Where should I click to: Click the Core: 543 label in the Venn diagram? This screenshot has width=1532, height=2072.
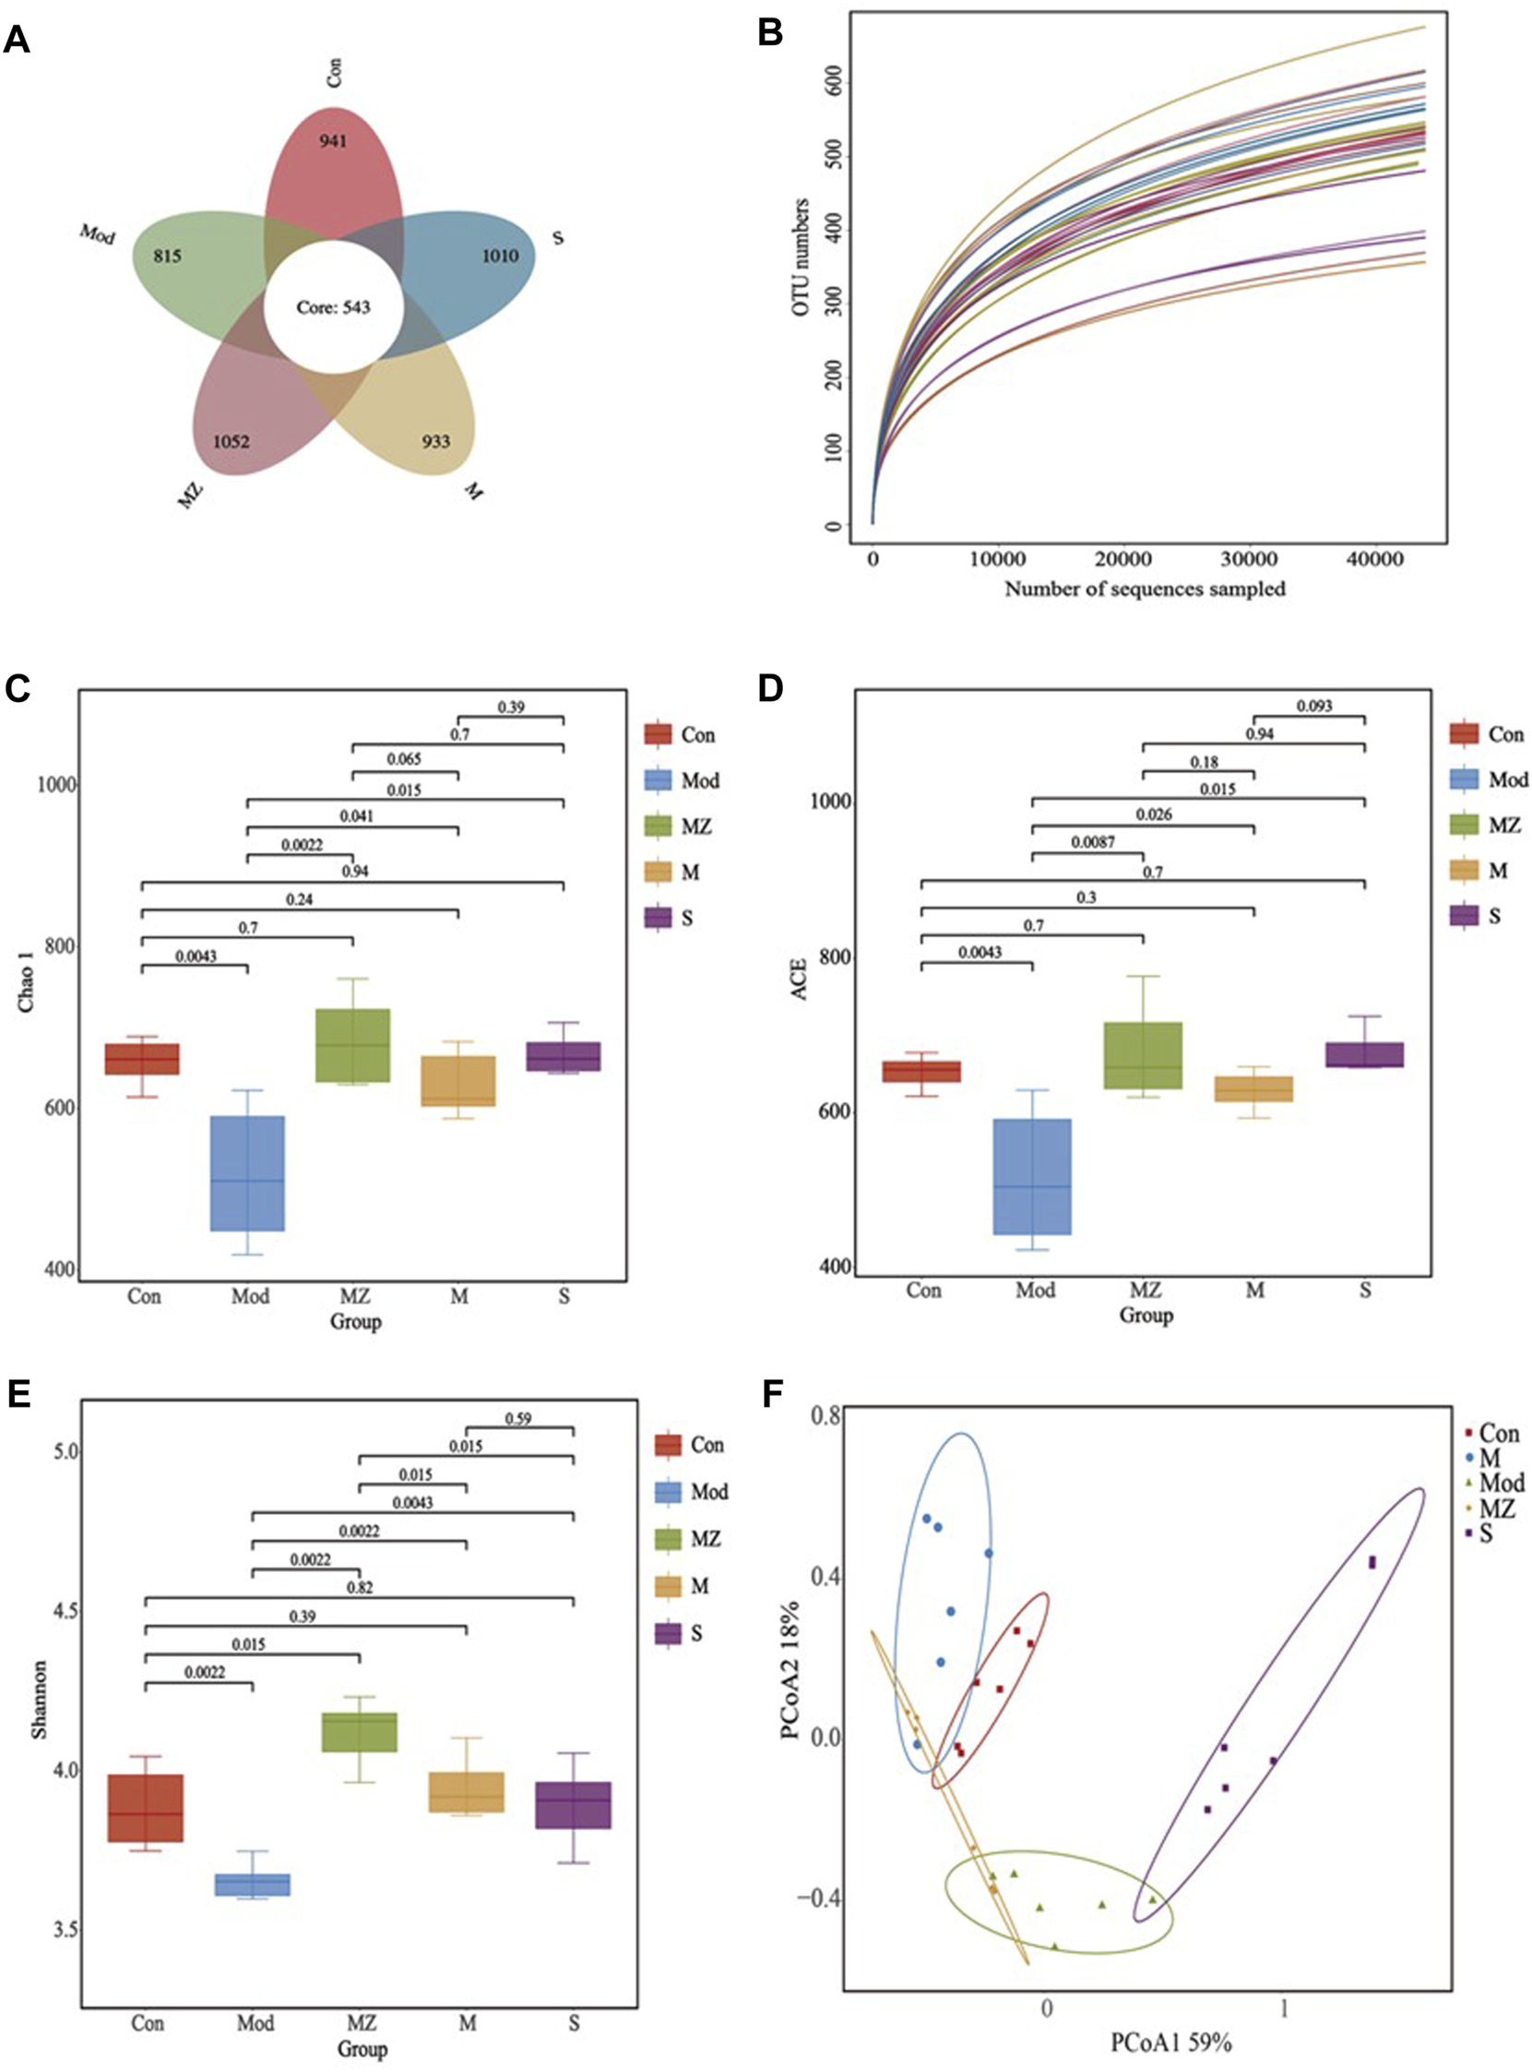click(x=332, y=306)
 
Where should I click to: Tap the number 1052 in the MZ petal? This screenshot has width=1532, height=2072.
click(x=232, y=443)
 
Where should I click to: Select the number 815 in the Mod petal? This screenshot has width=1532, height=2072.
click(x=167, y=256)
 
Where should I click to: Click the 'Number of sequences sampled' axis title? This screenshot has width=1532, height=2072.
click(x=1146, y=588)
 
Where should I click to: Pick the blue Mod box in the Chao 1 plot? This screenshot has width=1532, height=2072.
click(x=247, y=1173)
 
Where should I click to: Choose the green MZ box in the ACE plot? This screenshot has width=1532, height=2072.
click(x=1144, y=1054)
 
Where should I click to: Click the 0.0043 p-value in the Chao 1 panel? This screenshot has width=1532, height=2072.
click(x=195, y=956)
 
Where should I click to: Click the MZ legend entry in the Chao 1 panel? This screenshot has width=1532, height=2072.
click(x=696, y=826)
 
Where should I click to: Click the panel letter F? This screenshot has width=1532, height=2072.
click(x=773, y=1395)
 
